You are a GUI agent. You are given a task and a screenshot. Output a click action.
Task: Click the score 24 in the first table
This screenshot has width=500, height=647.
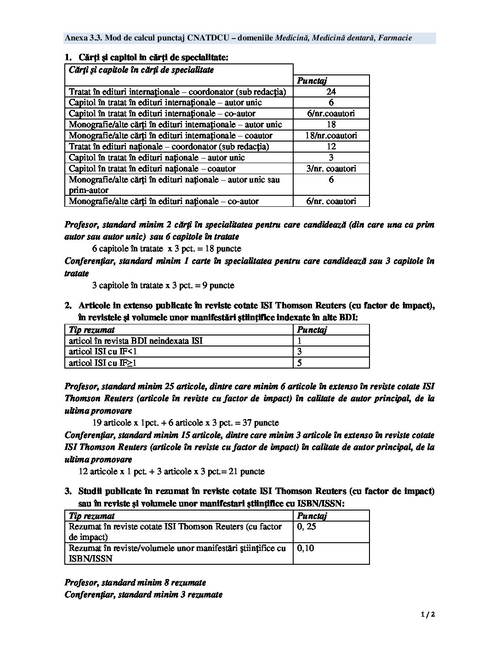(x=331, y=91)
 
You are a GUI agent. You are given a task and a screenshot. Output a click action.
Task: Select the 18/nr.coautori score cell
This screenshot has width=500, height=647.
(x=331, y=136)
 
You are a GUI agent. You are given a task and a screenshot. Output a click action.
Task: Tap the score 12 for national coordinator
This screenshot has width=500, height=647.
(x=331, y=147)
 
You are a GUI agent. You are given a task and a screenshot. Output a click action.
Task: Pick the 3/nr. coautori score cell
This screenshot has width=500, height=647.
(x=331, y=169)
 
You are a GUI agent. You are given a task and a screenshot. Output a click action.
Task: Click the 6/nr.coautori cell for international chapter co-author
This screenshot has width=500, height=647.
(x=331, y=114)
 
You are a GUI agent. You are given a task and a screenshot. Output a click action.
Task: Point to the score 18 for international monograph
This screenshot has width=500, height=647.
(x=331, y=125)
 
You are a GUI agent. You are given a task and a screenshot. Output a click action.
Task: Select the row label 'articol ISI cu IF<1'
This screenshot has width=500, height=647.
(x=103, y=352)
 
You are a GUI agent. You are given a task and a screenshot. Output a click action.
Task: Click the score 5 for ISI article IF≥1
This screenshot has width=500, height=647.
(x=300, y=363)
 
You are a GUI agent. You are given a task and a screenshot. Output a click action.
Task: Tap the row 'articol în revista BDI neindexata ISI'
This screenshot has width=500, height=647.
(x=136, y=341)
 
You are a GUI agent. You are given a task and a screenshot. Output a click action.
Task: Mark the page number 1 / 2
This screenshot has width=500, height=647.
(x=427, y=614)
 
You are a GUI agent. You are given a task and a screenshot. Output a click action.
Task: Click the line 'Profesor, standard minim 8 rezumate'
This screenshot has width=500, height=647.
(x=135, y=583)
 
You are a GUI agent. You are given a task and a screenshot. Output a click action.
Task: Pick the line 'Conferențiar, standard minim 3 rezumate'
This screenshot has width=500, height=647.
(x=143, y=595)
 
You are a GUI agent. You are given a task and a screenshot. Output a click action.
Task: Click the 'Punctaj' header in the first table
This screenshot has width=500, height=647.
(x=312, y=81)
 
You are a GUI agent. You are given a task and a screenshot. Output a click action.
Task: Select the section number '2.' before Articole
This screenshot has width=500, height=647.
(x=68, y=305)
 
